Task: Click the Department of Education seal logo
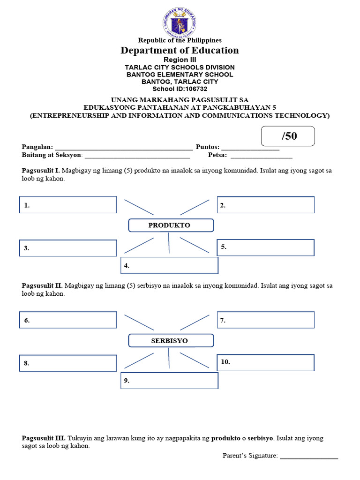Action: [x=180, y=22]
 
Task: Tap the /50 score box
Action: [x=288, y=136]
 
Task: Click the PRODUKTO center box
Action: [x=171, y=225]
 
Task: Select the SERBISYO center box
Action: [x=171, y=341]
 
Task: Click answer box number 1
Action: [x=68, y=205]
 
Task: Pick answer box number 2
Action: [x=265, y=205]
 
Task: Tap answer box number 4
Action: [x=169, y=265]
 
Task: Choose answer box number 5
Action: [x=265, y=247]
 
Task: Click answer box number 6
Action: [x=68, y=320]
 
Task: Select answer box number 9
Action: [x=169, y=381]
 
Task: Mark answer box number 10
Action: [x=265, y=363]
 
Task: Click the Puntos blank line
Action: [x=250, y=148]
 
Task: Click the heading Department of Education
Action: [x=180, y=51]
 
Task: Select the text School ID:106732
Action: [x=180, y=89]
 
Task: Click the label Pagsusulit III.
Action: [x=44, y=438]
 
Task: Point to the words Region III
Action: [x=180, y=60]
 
